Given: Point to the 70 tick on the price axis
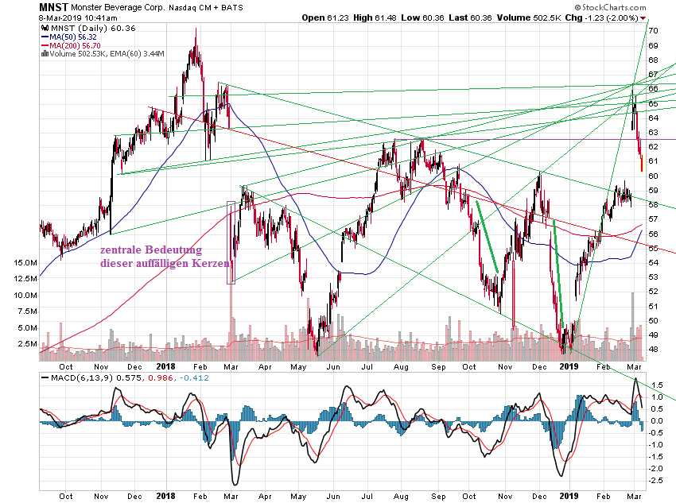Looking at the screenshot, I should pos(653,30).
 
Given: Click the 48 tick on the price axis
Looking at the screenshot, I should pos(653,348).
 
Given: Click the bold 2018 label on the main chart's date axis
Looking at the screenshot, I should pos(165,366).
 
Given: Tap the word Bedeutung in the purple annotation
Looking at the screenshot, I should pos(173,250).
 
